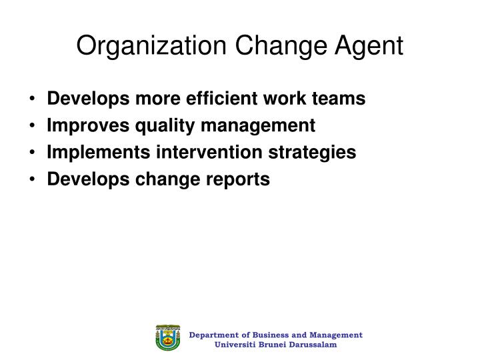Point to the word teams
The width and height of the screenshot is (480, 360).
click(x=339, y=99)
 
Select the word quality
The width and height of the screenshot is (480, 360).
click(x=148, y=126)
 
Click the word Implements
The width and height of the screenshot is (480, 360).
click(x=90, y=153)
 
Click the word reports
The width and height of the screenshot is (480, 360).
click(x=241, y=179)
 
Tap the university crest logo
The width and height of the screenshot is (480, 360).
click(x=168, y=339)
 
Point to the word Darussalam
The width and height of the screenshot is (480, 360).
click(x=314, y=345)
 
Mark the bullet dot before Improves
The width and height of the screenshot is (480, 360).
click(x=33, y=126)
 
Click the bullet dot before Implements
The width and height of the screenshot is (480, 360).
click(x=33, y=153)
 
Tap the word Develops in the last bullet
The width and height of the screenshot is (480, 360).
click(x=80, y=179)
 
